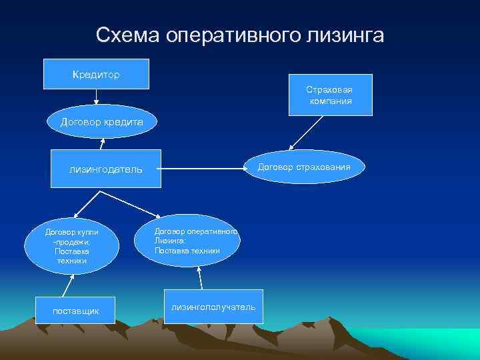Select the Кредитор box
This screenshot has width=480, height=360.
coord(96,74)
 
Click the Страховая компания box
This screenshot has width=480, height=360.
coord(329,95)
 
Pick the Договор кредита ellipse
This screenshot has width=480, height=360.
coord(101,122)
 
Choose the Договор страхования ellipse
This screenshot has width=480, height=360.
coord(313,167)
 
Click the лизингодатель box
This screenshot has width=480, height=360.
coord(105,169)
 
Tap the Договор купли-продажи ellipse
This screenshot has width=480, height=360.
coord(71,246)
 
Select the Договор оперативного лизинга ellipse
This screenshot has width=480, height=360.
coord(186,240)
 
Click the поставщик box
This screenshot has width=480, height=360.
coord(75,311)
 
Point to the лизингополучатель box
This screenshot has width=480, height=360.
coord(213,307)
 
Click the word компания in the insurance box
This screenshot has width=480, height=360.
coord(330,101)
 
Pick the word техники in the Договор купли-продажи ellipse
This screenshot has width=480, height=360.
coord(72,261)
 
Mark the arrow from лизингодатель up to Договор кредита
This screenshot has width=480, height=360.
coord(103,144)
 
